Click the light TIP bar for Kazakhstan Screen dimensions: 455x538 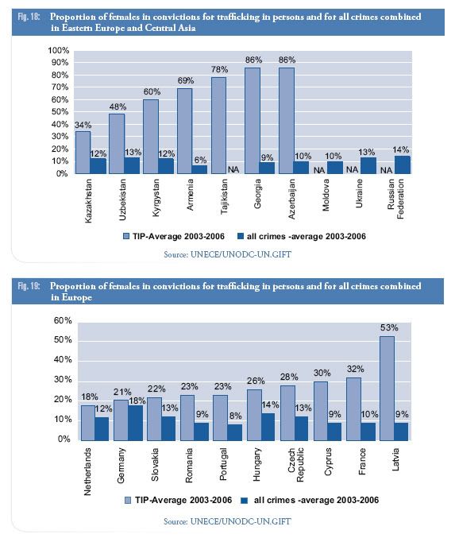(x=83, y=152)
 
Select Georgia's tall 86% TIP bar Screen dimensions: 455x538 (x=253, y=121)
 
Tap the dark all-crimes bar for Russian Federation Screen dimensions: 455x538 (x=403, y=164)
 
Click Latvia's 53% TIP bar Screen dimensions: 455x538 (x=387, y=388)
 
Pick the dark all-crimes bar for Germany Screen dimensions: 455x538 (x=135, y=423)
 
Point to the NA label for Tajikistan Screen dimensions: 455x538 (x=233, y=169)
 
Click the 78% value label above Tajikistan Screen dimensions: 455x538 (x=219, y=70)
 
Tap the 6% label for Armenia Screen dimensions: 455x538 (x=200, y=160)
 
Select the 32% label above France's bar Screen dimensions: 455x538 (x=355, y=370)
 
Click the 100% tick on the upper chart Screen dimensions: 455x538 (x=59, y=50)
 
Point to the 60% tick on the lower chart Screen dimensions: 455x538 (x=63, y=320)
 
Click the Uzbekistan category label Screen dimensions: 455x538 (x=122, y=199)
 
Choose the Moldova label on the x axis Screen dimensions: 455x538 (x=326, y=195)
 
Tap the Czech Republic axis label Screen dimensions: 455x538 (x=295, y=465)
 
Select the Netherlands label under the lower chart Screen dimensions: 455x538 (x=88, y=471)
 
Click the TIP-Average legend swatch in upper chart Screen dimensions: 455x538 (x=126, y=236)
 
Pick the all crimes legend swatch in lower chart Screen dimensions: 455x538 (x=245, y=501)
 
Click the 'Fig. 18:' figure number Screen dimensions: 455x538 (x=29, y=17)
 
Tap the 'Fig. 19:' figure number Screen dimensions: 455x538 (x=29, y=286)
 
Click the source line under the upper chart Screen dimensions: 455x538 (x=227, y=254)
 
